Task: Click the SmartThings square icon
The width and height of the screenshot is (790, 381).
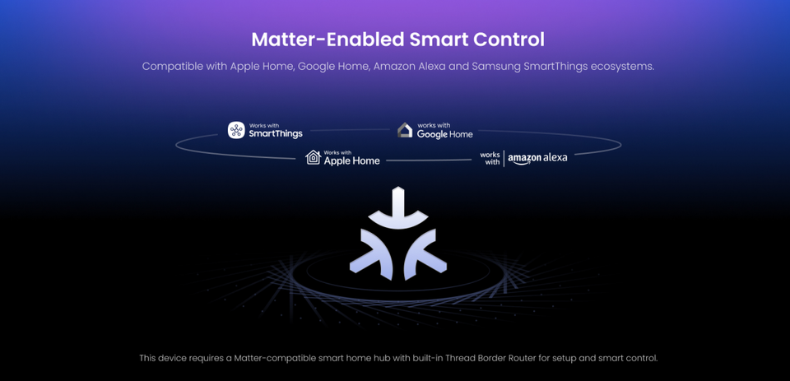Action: coord(236,130)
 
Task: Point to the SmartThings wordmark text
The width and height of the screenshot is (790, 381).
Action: coord(276,133)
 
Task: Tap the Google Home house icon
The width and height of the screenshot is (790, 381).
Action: coord(405,130)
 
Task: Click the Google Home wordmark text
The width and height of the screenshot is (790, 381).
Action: coord(445,134)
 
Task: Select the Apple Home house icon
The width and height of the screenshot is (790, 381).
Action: coord(313,157)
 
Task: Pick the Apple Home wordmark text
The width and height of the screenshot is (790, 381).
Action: coord(351,160)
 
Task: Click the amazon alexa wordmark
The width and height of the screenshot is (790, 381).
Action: coord(537,158)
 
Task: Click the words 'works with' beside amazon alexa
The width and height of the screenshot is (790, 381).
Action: coord(490,158)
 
